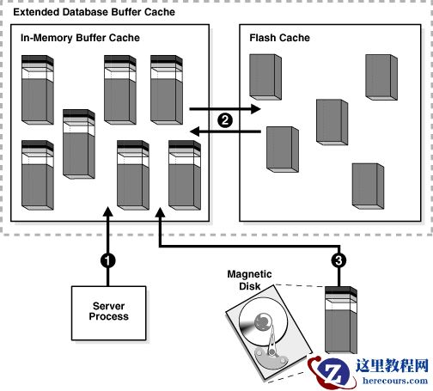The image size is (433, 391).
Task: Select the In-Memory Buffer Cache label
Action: [80, 39]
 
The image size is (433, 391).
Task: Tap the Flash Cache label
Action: [279, 39]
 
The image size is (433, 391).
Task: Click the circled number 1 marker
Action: [107, 259]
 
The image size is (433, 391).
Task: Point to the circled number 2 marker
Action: [225, 120]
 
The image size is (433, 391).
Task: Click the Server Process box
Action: [110, 311]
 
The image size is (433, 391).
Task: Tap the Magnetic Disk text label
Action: [249, 280]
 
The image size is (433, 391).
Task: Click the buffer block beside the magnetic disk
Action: [339, 321]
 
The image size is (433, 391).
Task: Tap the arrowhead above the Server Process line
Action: [107, 215]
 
